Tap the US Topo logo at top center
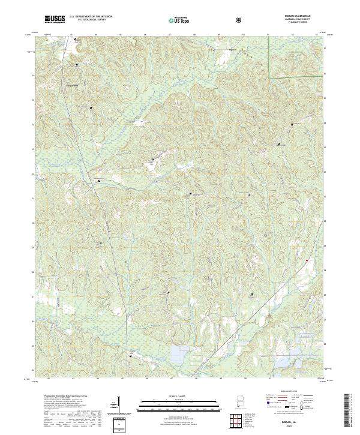pyautogui.click(x=181, y=20)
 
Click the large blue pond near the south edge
pyautogui.click(x=178, y=354)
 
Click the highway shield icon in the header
pyautogui.click(x=241, y=20)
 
